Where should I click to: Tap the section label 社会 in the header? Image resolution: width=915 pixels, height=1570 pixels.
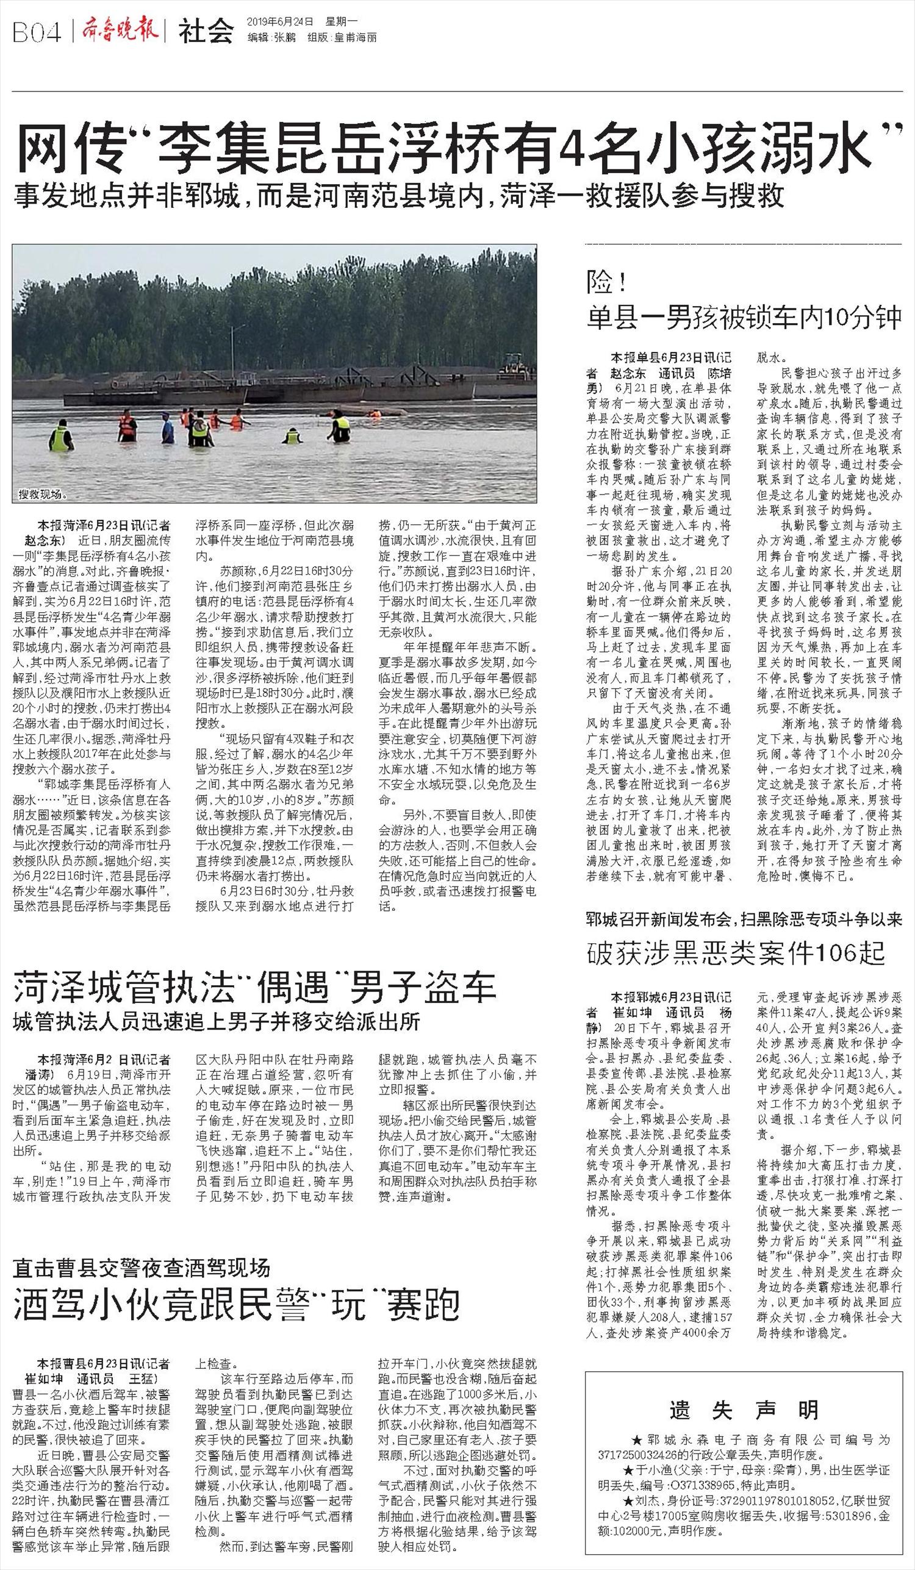coord(206,31)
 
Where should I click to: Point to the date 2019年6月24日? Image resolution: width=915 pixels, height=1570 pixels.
coord(280,21)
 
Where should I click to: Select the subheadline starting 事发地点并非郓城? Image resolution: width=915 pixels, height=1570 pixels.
coord(399,196)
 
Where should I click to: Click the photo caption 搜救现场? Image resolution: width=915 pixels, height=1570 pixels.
coord(41,493)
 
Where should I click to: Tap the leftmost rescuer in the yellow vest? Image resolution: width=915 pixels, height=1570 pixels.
coord(60,436)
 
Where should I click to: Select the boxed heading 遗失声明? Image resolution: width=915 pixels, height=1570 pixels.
coord(744,1410)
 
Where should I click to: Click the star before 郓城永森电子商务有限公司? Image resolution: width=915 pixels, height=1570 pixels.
coord(636,1440)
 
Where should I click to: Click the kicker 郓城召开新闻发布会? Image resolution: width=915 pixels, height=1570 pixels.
coord(662,919)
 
